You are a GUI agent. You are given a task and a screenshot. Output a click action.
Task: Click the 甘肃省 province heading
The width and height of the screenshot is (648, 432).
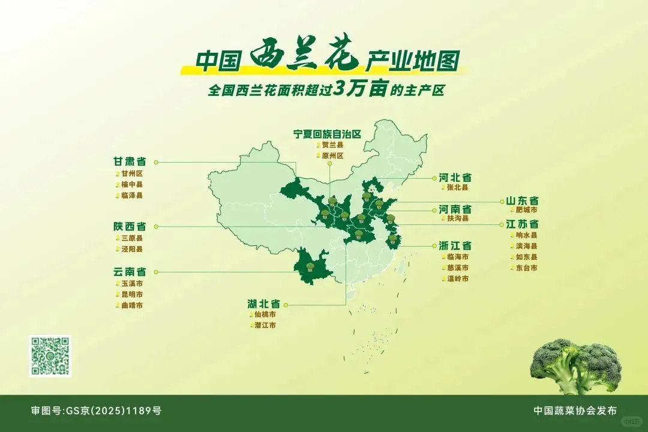(130, 161)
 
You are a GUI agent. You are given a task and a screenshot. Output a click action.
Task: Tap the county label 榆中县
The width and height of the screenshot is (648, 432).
(132, 184)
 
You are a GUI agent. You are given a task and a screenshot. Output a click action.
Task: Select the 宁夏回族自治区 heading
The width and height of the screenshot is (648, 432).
(327, 133)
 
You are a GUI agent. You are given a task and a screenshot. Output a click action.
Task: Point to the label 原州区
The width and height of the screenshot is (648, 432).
(332, 156)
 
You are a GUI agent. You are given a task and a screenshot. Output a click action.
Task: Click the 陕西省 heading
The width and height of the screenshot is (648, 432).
(130, 227)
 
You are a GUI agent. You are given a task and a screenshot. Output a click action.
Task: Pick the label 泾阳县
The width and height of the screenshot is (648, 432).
(132, 249)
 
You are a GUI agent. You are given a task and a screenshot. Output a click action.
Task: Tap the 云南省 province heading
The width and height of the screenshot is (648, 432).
(130, 271)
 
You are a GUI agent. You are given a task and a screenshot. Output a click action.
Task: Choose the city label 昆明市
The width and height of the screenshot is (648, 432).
(132, 294)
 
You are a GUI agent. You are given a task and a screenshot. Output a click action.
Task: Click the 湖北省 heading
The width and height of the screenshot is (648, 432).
(264, 304)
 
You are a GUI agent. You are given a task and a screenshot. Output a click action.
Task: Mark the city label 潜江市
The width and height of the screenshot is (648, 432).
(265, 325)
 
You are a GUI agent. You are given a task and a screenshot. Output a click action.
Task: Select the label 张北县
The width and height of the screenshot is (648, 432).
(457, 188)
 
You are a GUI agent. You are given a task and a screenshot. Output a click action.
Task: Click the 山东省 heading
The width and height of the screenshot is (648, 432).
(523, 200)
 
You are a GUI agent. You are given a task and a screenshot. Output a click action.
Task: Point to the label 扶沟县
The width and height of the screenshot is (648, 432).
(457, 219)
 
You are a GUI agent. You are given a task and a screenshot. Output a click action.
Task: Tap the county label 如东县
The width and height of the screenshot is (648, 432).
(526, 257)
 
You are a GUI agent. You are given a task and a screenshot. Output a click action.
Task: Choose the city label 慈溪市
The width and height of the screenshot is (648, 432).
(457, 268)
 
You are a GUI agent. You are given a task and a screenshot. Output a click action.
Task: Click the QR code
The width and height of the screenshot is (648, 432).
(50, 356)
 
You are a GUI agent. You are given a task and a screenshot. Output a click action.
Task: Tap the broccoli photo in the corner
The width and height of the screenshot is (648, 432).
(577, 365)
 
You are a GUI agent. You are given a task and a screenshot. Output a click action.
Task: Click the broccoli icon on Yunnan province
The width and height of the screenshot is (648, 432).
(310, 268)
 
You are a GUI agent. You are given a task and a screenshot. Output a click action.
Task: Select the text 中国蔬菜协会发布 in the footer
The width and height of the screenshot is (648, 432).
(575, 411)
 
